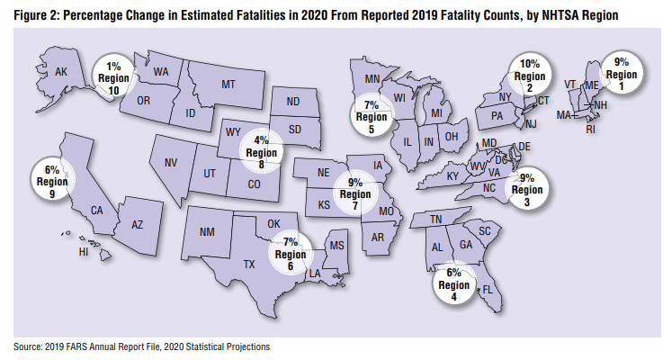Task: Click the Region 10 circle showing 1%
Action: pyautogui.click(x=114, y=76)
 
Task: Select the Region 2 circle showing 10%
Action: pyautogui.click(x=530, y=76)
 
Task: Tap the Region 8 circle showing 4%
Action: pyautogui.click(x=261, y=151)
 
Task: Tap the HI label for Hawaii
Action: pyautogui.click(x=84, y=252)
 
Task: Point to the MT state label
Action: pyautogui.click(x=228, y=84)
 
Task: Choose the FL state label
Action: pyautogui.click(x=488, y=290)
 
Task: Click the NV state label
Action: pyautogui.click(x=171, y=163)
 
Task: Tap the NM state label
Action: pyautogui.click(x=207, y=232)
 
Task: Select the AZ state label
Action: pyautogui.click(x=138, y=224)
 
